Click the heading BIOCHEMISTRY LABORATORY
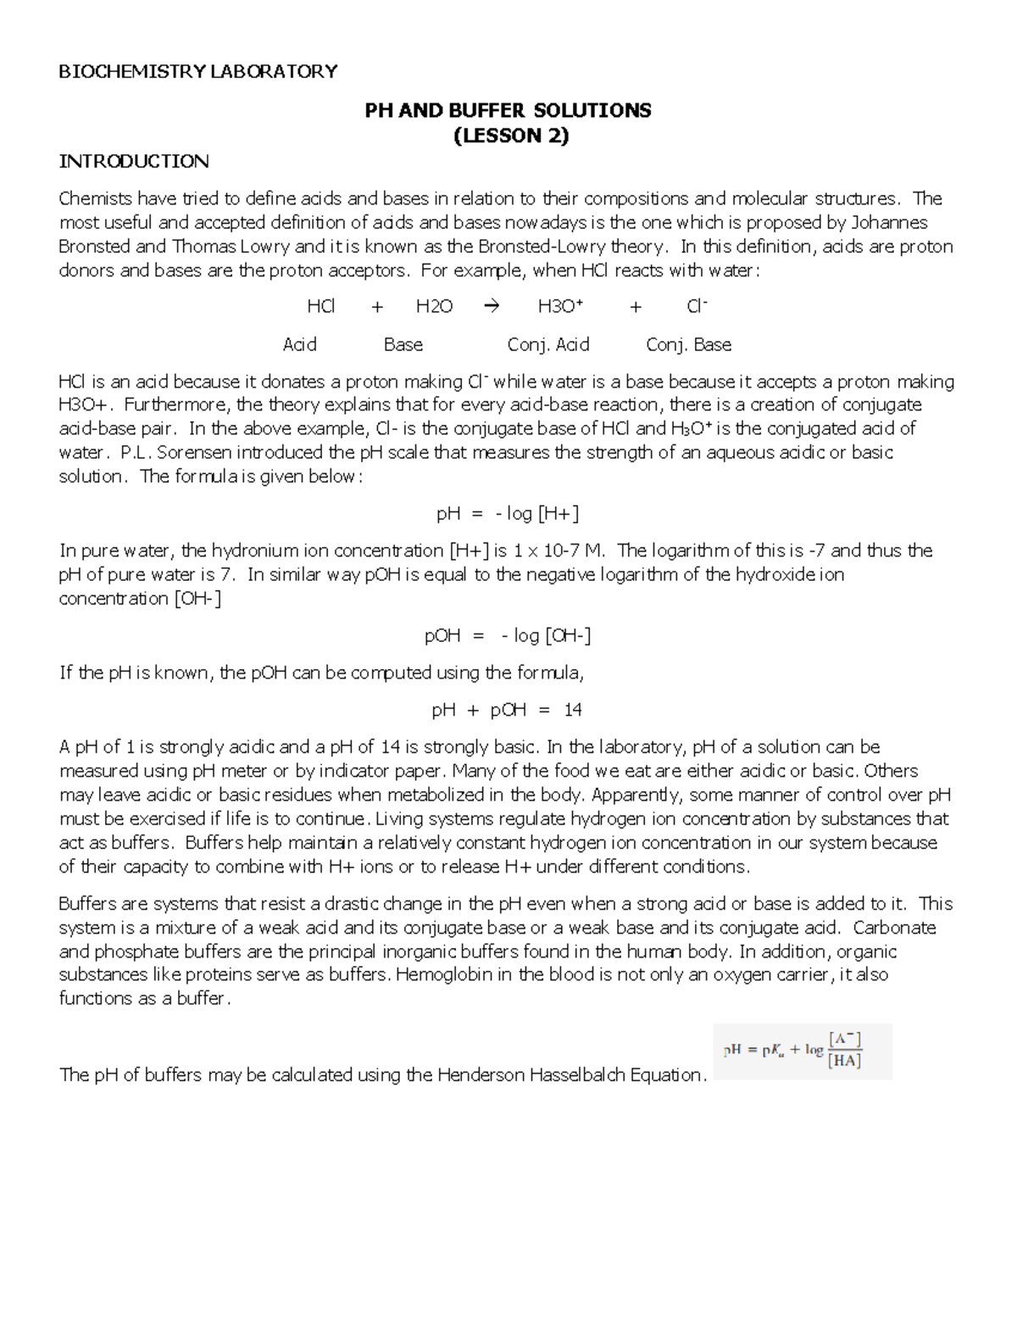(197, 71)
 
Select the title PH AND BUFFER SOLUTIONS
(508, 110)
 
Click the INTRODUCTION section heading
(133, 161)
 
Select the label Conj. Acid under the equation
(548, 345)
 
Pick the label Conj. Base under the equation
(688, 345)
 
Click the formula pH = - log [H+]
(508, 514)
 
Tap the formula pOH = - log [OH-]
(508, 636)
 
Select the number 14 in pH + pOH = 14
(573, 711)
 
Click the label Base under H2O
(403, 345)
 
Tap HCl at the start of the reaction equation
(321, 307)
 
